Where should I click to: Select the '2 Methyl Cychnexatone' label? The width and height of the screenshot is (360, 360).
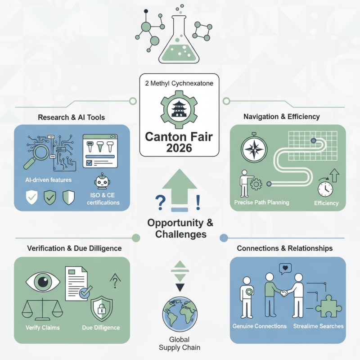[x=180, y=83]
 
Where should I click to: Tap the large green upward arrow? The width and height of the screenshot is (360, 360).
[x=179, y=189]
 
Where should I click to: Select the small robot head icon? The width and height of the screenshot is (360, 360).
[x=102, y=183]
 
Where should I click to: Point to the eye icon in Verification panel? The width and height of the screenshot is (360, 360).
[x=43, y=282]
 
